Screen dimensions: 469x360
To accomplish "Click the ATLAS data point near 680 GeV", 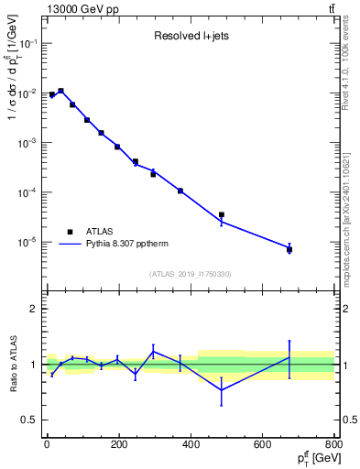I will [289, 249].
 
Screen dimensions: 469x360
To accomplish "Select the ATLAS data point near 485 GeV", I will [221, 215].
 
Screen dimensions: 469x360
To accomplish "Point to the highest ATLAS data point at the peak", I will [60, 92].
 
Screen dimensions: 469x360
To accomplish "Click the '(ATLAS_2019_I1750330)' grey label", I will [190, 274].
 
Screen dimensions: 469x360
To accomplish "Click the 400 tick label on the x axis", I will [190, 445].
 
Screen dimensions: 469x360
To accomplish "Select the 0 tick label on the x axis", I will [46, 445].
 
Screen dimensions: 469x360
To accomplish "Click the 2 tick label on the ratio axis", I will [35, 310].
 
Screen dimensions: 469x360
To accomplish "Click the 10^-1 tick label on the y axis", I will [27, 44].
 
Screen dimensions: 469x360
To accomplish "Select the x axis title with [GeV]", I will [315, 459].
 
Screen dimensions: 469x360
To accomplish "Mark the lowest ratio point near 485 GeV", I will [221, 390].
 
